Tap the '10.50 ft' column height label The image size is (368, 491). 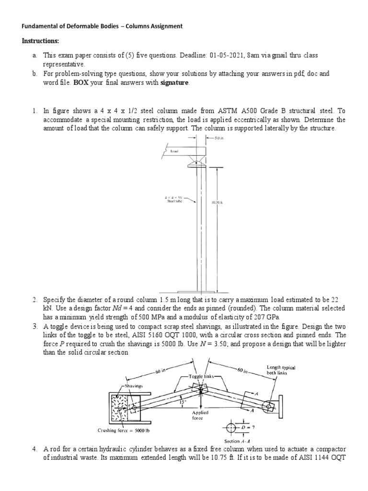coord(218,202)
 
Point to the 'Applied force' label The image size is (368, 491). coord(200,415)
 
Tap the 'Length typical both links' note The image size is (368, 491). coord(281,370)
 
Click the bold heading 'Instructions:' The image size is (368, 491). coord(41,41)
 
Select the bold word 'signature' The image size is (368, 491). coord(174,83)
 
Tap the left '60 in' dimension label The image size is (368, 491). coord(160,372)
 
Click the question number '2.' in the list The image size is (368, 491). coord(35,300)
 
